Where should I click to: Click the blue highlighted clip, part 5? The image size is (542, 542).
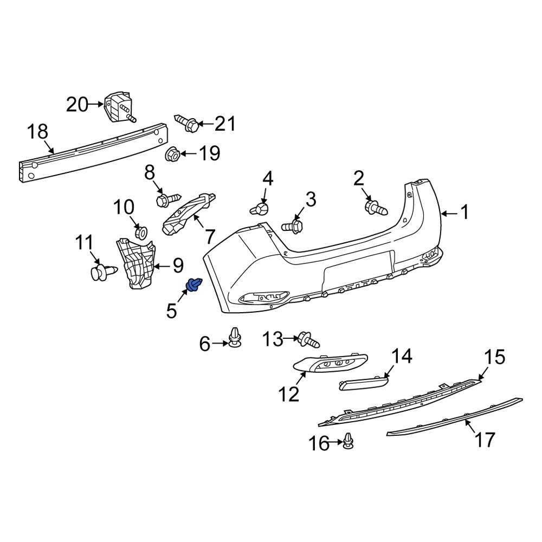pyautogui.click(x=194, y=285)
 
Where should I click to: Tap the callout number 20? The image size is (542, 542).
pyautogui.click(x=77, y=104)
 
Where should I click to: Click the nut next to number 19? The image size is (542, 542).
pyautogui.click(x=172, y=154)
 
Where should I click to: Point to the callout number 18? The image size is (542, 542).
pyautogui.click(x=38, y=132)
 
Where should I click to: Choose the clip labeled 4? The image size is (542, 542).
pyautogui.click(x=261, y=209)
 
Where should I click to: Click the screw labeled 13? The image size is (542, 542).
pyautogui.click(x=308, y=340)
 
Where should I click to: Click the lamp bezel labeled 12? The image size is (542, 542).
pyautogui.click(x=331, y=364)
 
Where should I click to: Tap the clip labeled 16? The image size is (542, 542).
pyautogui.click(x=349, y=442)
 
